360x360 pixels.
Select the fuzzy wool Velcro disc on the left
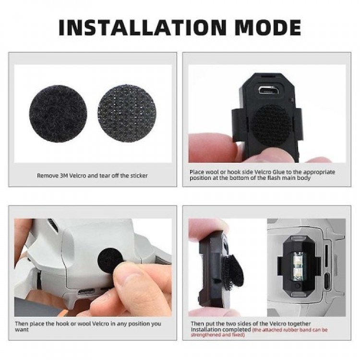(58, 111)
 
